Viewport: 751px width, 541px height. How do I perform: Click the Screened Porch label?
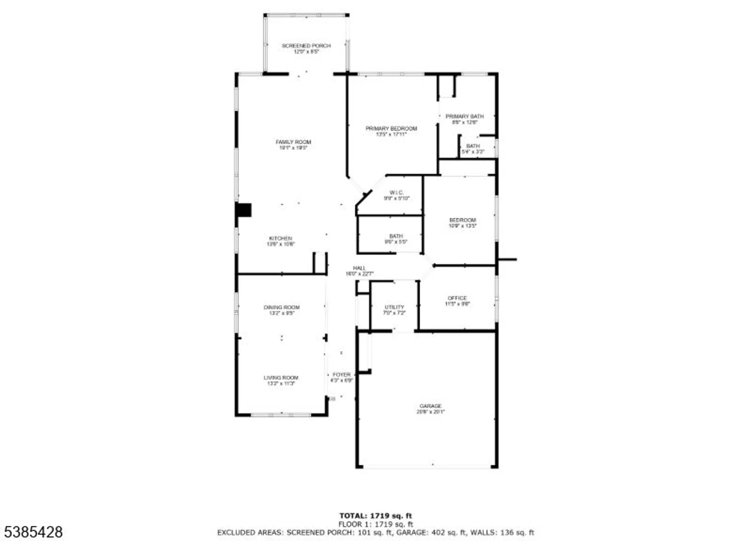click(x=306, y=46)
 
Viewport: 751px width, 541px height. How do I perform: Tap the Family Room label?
click(x=293, y=142)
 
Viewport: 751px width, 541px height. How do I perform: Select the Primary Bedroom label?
click(x=391, y=128)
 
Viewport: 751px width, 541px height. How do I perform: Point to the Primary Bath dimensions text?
click(x=464, y=122)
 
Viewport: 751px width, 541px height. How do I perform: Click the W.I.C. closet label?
click(x=397, y=193)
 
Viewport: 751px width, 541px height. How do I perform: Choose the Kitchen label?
click(x=280, y=239)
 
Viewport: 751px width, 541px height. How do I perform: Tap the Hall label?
click(x=359, y=268)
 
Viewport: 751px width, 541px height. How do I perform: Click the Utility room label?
click(x=394, y=307)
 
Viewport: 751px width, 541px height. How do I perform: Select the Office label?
click(x=457, y=298)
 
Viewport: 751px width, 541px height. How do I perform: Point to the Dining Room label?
click(x=282, y=307)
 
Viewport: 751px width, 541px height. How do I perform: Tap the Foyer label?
click(x=341, y=375)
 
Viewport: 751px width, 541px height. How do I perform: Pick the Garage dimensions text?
click(x=430, y=412)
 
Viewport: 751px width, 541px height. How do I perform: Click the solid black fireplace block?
click(x=244, y=210)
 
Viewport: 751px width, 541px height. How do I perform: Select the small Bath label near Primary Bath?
click(x=473, y=146)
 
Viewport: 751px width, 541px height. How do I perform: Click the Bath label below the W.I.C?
click(x=396, y=236)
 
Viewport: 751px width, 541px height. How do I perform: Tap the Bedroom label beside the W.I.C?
click(x=462, y=220)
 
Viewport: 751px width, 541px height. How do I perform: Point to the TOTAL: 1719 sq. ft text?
click(x=375, y=516)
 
